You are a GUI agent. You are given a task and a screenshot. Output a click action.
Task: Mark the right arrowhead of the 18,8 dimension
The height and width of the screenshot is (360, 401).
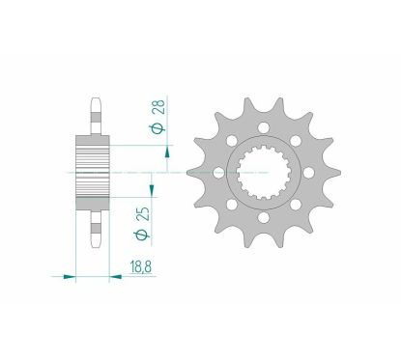[121, 278]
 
